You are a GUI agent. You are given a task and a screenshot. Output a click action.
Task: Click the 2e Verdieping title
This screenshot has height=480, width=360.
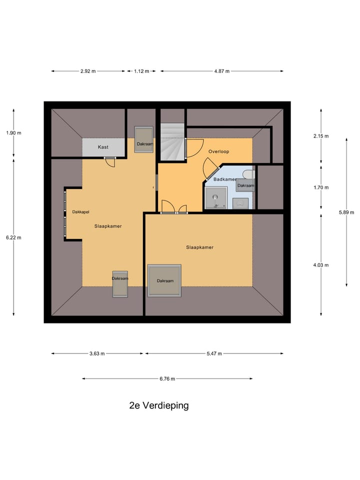pyautogui.click(x=158, y=405)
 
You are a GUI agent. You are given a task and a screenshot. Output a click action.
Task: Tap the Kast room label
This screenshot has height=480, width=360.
pyautogui.click(x=103, y=147)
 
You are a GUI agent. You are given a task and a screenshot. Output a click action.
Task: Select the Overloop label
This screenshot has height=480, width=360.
pyautogui.click(x=218, y=151)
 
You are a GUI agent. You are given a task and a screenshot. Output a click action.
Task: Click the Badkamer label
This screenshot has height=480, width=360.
pyautogui.click(x=224, y=179)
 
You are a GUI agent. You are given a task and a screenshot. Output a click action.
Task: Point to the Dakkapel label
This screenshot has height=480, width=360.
pyautogui.click(x=80, y=211)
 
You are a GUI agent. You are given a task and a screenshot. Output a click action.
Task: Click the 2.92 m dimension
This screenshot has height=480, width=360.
pyautogui.click(x=88, y=71)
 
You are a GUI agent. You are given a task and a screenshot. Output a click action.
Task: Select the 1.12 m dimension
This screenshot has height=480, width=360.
pyautogui.click(x=141, y=71)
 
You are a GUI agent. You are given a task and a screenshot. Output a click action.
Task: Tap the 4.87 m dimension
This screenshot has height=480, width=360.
pyautogui.click(x=221, y=71)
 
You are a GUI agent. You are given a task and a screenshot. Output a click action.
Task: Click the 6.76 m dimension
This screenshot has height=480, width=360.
pyautogui.click(x=167, y=378)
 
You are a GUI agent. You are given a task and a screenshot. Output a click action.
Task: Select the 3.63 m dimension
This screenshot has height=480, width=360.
pyautogui.click(x=97, y=353)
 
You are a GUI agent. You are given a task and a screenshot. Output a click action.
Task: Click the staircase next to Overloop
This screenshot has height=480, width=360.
pyautogui.click(x=172, y=142)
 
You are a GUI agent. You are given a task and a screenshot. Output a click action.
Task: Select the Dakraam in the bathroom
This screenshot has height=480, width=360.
pyautogui.click(x=245, y=185)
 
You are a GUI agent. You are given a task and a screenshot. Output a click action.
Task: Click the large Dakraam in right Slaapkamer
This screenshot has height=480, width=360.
pyautogui.click(x=164, y=280)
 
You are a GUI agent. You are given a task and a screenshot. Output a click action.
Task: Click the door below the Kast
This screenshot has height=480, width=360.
pyautogui.click(x=109, y=161)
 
